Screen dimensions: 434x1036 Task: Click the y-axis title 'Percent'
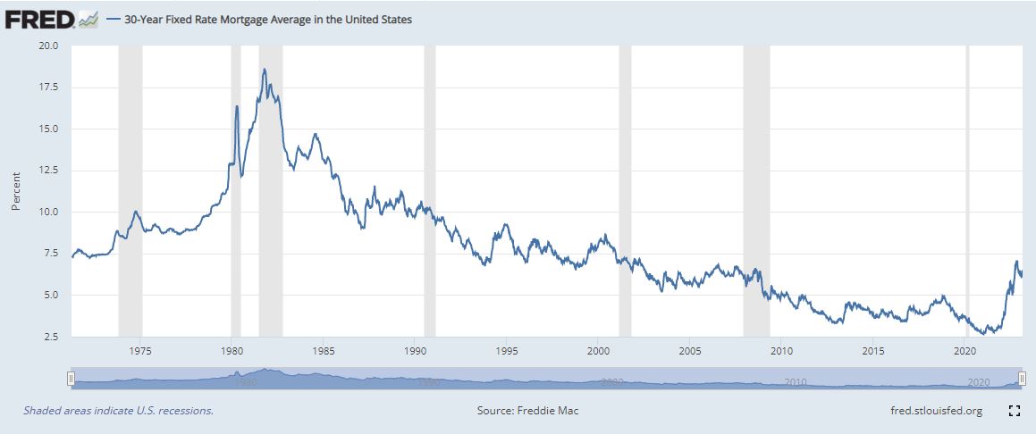(x=15, y=191)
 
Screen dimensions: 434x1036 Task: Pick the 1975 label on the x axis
(x=139, y=350)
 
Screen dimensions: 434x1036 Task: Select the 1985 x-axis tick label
(x=323, y=350)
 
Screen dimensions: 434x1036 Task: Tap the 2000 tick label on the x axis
(x=598, y=350)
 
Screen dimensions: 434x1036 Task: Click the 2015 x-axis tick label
(x=873, y=350)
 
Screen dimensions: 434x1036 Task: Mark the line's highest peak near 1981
(x=264, y=70)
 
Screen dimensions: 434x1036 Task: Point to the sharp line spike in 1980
(x=237, y=106)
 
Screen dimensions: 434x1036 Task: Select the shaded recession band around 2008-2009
(x=756, y=179)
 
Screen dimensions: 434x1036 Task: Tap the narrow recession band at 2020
(x=967, y=179)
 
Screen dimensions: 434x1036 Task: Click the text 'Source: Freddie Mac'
(x=534, y=411)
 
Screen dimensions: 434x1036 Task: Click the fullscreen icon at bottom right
(x=1015, y=411)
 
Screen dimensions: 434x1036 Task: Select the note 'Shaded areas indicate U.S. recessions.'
(x=118, y=411)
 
